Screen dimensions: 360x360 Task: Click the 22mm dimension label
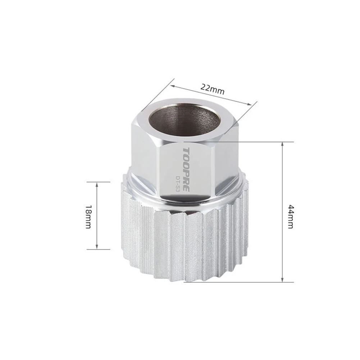tap(212, 89)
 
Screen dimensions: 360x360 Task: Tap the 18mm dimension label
tap(88, 217)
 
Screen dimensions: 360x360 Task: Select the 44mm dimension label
tap(291, 216)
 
